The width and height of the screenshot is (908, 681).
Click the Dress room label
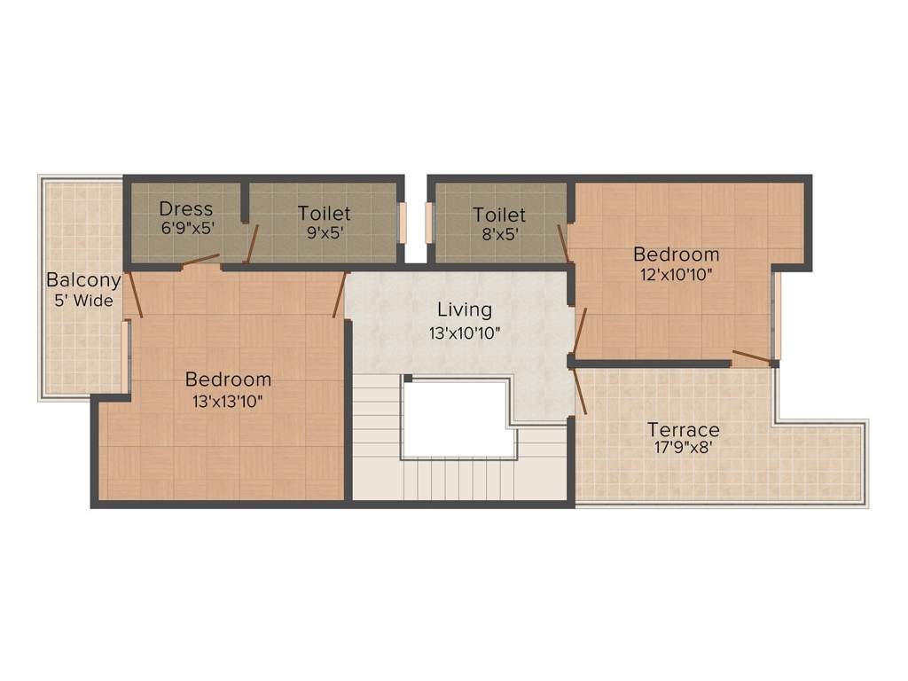point(186,209)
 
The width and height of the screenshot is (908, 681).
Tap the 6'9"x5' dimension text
point(186,227)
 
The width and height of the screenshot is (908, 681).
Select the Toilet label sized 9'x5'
point(324,214)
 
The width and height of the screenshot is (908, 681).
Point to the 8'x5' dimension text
point(499,234)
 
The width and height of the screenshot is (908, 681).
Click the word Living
point(464,310)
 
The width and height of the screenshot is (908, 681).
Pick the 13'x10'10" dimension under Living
point(464,333)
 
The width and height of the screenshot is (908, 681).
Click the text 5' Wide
point(83,301)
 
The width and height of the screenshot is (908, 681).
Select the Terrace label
point(682,430)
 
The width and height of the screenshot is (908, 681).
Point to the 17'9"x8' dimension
point(682,449)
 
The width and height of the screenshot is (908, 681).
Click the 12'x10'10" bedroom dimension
point(676,274)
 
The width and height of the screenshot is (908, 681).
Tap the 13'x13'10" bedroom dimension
point(228,400)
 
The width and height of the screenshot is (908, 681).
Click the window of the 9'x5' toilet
point(402,223)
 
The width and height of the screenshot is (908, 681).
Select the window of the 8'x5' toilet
point(431,223)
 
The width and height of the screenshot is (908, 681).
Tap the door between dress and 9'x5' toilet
point(252,244)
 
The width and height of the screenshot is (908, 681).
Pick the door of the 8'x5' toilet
point(562,243)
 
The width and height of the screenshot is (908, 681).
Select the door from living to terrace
point(580,391)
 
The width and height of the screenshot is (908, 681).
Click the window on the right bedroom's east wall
point(777,315)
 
